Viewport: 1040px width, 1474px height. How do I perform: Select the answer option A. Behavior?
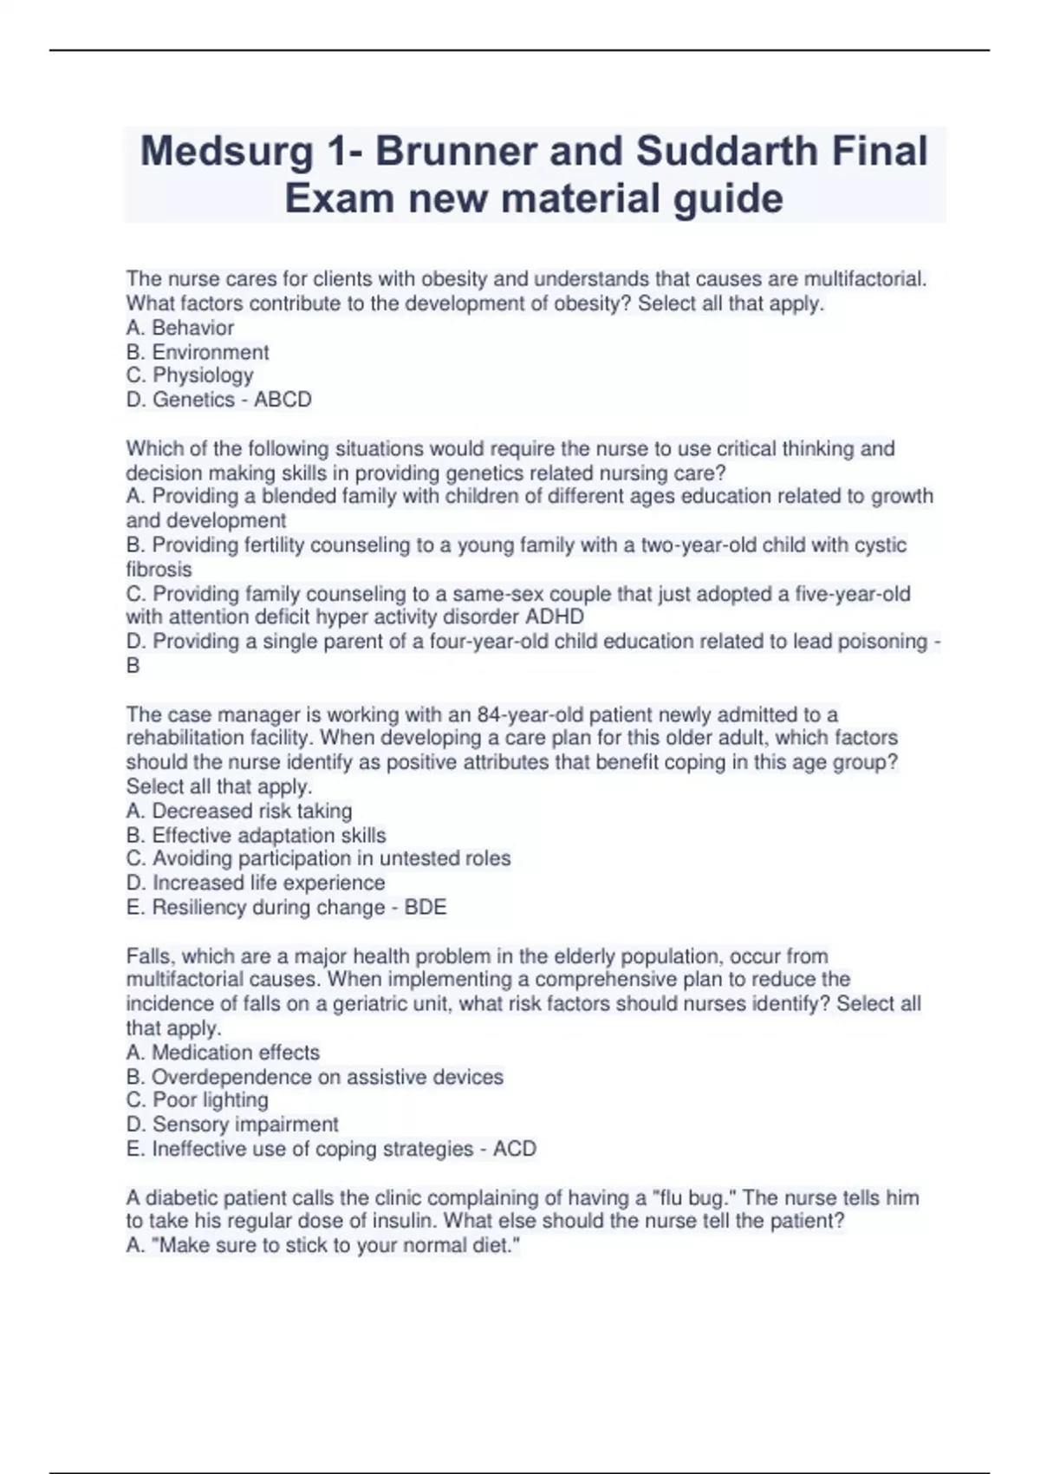180,328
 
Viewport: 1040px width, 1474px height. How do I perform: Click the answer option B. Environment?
198,352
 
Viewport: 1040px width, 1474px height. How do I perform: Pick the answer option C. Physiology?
190,375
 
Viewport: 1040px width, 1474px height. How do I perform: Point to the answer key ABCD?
283,400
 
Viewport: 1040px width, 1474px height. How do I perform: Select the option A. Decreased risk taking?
239,811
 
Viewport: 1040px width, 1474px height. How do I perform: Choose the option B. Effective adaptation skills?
256,835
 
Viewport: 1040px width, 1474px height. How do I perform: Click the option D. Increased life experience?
256,883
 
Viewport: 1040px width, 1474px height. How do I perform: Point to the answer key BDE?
426,907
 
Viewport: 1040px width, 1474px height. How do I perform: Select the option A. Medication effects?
223,1053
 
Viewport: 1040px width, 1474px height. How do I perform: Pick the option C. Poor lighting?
198,1100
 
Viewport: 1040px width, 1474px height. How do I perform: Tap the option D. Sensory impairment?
232,1125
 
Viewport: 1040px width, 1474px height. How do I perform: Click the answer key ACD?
515,1149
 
